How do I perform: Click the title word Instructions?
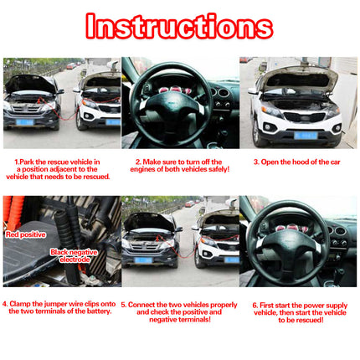(x=179, y=27)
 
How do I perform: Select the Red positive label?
(x=25, y=235)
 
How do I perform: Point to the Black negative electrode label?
(x=75, y=255)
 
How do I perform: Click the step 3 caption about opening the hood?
(x=298, y=162)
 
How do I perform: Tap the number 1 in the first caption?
(x=17, y=162)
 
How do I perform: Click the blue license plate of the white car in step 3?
(x=306, y=134)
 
